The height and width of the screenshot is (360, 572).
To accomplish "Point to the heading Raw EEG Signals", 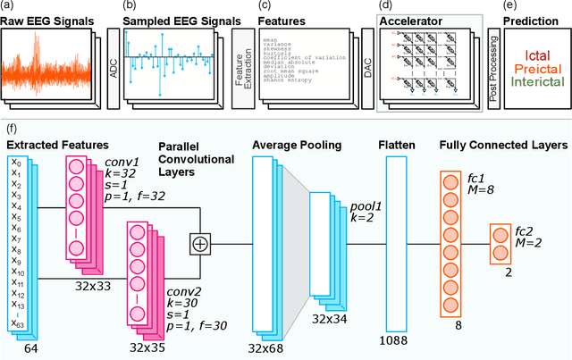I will pos(48,17).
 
